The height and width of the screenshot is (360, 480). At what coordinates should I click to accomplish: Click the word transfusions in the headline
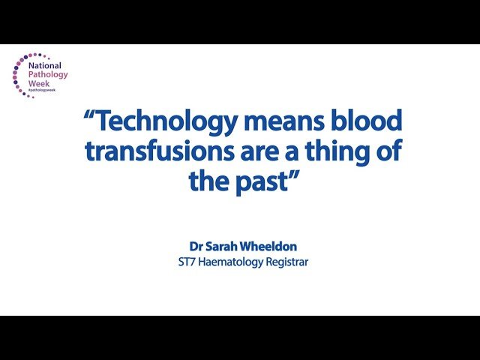[x=156, y=151]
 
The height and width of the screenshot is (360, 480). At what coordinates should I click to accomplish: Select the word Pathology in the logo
[x=49, y=74]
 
